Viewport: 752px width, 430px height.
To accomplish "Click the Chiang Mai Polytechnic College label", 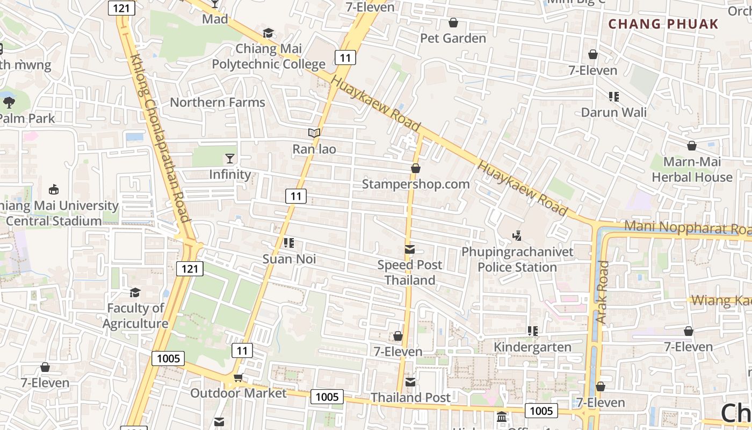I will tap(269, 56).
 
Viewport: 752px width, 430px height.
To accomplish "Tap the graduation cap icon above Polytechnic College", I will tap(268, 33).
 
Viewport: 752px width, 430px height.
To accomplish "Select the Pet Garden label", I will tap(453, 38).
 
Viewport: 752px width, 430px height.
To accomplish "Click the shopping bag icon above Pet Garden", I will tap(453, 23).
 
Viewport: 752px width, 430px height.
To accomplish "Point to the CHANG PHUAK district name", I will tap(663, 24).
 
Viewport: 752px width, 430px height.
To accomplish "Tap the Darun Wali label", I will tap(614, 112).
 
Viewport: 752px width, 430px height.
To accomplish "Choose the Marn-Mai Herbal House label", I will tap(692, 169).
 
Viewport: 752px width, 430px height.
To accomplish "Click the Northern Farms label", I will tap(218, 102).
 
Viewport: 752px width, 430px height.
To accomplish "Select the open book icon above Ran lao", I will tap(314, 133).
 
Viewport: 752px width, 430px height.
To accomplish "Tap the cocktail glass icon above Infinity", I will tap(230, 158).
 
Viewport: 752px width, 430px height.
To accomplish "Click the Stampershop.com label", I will tap(416, 184).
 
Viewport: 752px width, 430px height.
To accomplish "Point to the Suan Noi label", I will tap(289, 259).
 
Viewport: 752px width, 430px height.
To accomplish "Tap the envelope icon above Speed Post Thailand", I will tap(410, 249).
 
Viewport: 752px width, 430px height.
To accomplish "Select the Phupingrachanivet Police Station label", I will tap(517, 259).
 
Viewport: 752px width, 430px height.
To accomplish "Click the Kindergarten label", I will tap(532, 347).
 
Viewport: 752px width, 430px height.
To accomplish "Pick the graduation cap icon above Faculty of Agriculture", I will tap(135, 292).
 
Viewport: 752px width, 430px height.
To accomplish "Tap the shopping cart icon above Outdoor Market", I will tap(238, 378).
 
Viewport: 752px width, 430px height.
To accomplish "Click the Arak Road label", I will tap(603, 292).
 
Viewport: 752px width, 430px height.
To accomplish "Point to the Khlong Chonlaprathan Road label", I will tap(161, 137).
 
